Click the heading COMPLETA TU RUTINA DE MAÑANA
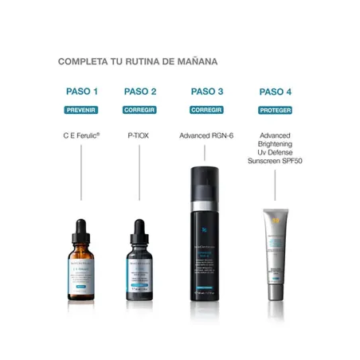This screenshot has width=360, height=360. pyautogui.click(x=138, y=61)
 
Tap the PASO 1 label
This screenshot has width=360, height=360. pyautogui.click(x=81, y=92)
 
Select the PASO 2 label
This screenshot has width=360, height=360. pyautogui.click(x=140, y=92)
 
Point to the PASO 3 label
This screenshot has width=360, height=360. pyautogui.click(x=206, y=92)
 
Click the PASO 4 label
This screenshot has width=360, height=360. pyautogui.click(x=275, y=92)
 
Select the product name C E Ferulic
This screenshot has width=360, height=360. pyautogui.click(x=81, y=136)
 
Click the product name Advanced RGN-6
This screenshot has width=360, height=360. pyautogui.click(x=206, y=136)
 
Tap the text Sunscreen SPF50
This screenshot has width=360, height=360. pyautogui.click(x=275, y=160)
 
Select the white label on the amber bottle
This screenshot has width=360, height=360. pyautogui.click(x=81, y=272)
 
